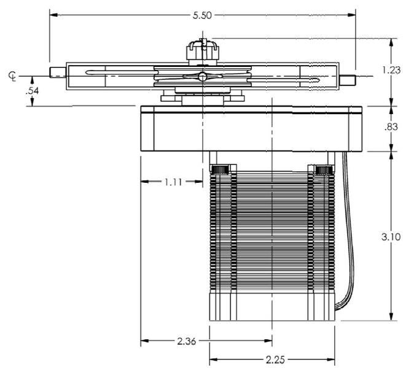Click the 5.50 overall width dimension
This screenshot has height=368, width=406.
[x=202, y=15]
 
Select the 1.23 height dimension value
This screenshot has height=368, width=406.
[x=391, y=70]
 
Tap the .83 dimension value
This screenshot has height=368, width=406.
[x=391, y=127]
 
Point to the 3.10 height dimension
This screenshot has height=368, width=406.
[x=391, y=237]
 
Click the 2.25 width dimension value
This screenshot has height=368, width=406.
[x=275, y=359]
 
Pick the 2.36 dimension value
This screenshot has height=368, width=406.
[x=187, y=342]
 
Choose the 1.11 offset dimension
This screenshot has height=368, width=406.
[x=173, y=182]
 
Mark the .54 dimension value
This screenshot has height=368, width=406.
[x=32, y=91]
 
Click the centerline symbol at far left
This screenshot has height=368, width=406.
[x=12, y=76]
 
